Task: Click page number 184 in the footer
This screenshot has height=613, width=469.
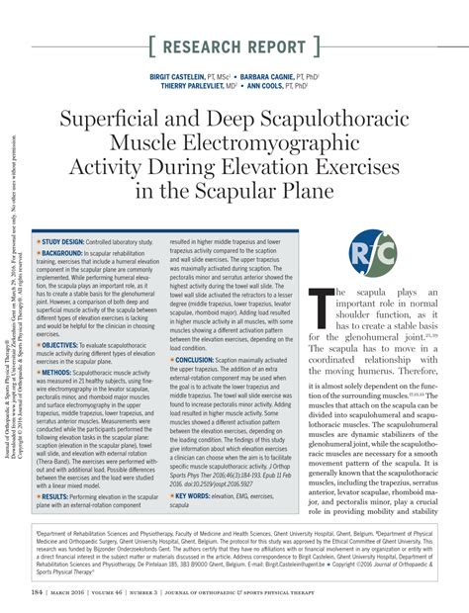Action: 37,592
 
